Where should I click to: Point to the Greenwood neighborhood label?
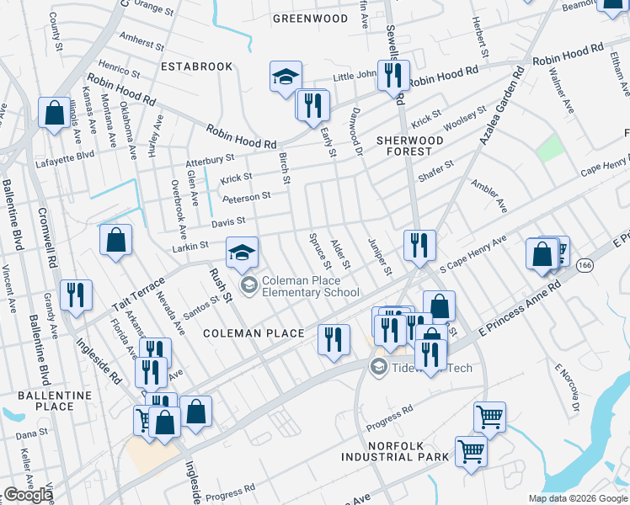[311, 18]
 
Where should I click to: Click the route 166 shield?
[585, 264]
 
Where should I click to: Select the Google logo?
[28, 495]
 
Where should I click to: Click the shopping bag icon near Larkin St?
[116, 240]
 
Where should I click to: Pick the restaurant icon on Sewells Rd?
[393, 77]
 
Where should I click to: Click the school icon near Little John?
[286, 77]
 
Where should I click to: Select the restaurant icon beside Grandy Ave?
[77, 295]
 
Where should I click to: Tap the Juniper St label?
[380, 257]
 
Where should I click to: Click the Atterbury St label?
[211, 159]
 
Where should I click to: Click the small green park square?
[549, 148]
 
